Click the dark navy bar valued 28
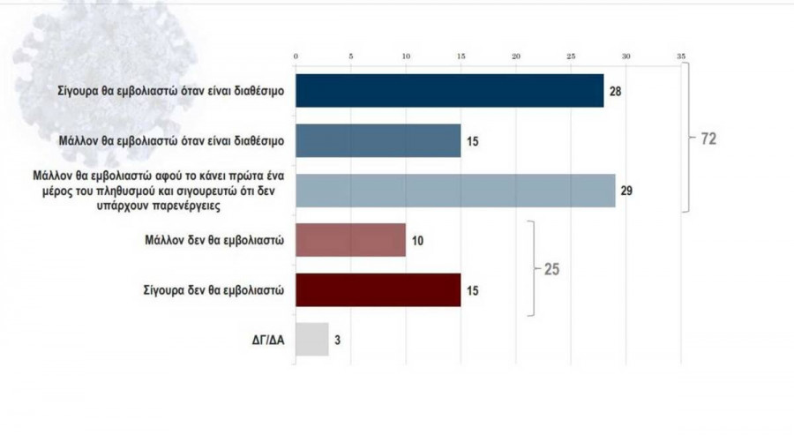pos(449,91)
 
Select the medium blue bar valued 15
pos(378,140)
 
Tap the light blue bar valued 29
pos(454,191)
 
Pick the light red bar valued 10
pos(350,240)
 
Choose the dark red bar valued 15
pos(378,289)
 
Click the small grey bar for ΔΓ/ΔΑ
pos(311,339)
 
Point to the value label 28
pos(616,92)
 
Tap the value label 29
pos(627,191)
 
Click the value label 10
pos(417,240)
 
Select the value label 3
pos(338,339)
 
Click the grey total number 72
pos(708,139)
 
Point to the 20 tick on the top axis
pos(516,56)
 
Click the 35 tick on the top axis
pos(681,56)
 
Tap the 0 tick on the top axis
pos(296,56)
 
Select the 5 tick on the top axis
pos(351,56)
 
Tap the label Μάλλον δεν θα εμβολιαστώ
pos(217,240)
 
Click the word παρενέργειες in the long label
pos(241,206)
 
